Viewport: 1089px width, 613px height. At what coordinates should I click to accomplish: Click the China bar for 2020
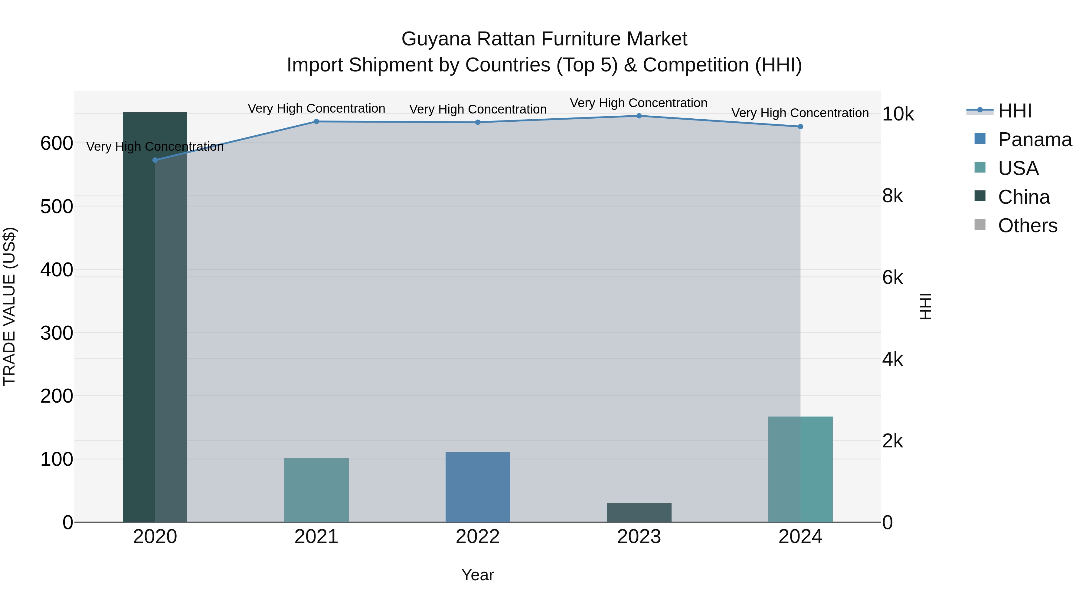[x=155, y=317]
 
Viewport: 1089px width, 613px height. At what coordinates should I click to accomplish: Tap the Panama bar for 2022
[x=478, y=487]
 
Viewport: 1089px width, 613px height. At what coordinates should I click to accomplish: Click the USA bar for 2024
[x=800, y=469]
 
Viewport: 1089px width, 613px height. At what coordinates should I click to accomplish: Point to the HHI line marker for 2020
[x=155, y=160]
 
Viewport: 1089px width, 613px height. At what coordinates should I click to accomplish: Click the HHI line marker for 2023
[x=639, y=116]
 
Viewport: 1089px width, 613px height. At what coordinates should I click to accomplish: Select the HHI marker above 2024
[x=800, y=127]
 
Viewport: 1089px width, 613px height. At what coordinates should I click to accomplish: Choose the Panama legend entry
[x=1035, y=140]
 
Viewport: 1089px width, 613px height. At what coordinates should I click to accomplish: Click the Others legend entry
[x=1027, y=226]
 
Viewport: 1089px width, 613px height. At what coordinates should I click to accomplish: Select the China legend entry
[x=1023, y=197]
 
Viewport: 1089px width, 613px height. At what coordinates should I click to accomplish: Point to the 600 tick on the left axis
[x=57, y=143]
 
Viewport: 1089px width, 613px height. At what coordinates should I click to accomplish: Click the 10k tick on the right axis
[x=898, y=114]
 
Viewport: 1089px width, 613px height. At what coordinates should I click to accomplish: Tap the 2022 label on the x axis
[x=478, y=537]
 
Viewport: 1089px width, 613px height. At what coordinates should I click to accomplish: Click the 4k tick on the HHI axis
[x=892, y=359]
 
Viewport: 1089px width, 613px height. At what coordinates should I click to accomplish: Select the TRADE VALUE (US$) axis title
[x=9, y=306]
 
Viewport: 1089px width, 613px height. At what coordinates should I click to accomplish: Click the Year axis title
[x=478, y=575]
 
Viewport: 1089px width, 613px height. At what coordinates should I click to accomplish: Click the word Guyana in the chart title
[x=436, y=39]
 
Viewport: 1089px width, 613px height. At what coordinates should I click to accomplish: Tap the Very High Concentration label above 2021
[x=316, y=108]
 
